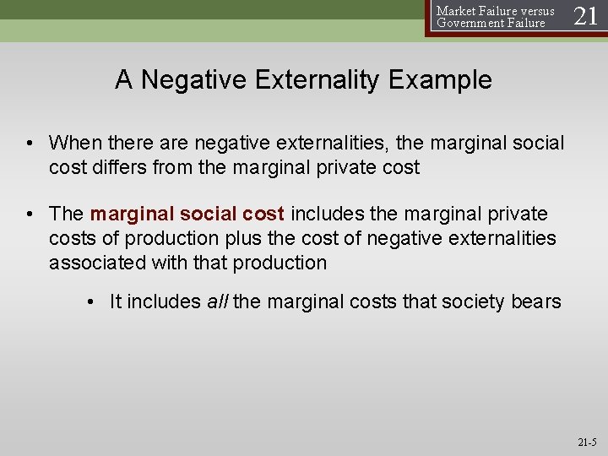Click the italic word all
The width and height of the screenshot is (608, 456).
(217, 302)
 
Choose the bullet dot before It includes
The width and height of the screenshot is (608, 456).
(91, 302)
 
